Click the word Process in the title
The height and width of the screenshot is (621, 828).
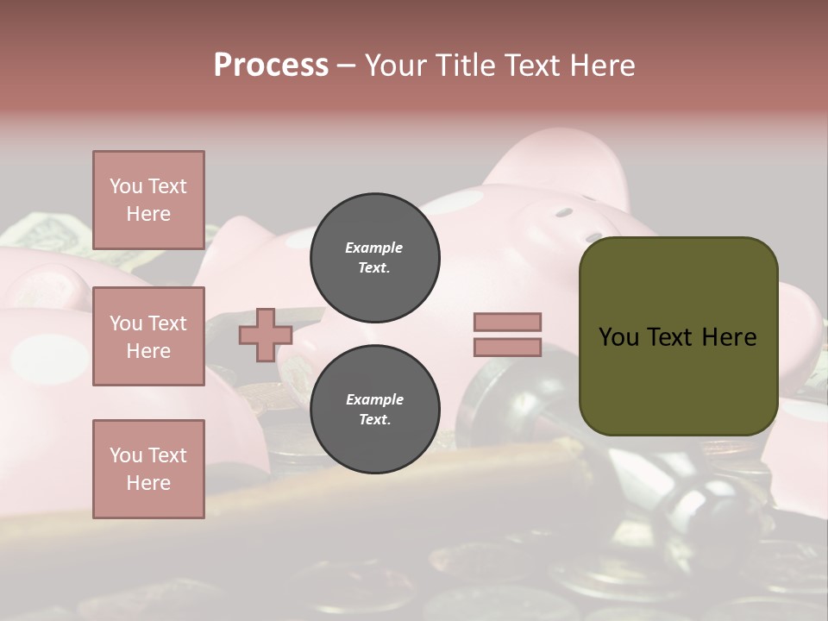click(x=271, y=66)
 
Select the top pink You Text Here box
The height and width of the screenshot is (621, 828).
click(x=148, y=200)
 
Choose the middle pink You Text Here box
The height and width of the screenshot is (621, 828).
click(x=148, y=336)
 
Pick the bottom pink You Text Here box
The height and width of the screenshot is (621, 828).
click(x=148, y=468)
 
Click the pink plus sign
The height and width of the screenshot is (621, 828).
click(x=265, y=335)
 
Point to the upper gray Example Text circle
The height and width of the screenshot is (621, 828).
click(x=374, y=257)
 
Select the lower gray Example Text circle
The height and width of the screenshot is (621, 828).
click(x=374, y=410)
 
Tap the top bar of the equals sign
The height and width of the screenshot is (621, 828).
click(x=507, y=323)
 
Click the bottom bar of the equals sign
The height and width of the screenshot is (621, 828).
click(x=507, y=347)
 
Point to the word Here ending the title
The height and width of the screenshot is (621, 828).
click(x=603, y=66)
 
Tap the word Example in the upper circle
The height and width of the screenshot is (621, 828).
click(x=373, y=248)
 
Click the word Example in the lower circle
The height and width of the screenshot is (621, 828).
click(x=373, y=399)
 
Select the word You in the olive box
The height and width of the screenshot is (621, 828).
click(x=618, y=337)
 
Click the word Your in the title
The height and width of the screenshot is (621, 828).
click(x=397, y=66)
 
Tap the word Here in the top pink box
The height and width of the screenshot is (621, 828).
click(x=148, y=214)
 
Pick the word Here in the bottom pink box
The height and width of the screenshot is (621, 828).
click(x=148, y=483)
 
